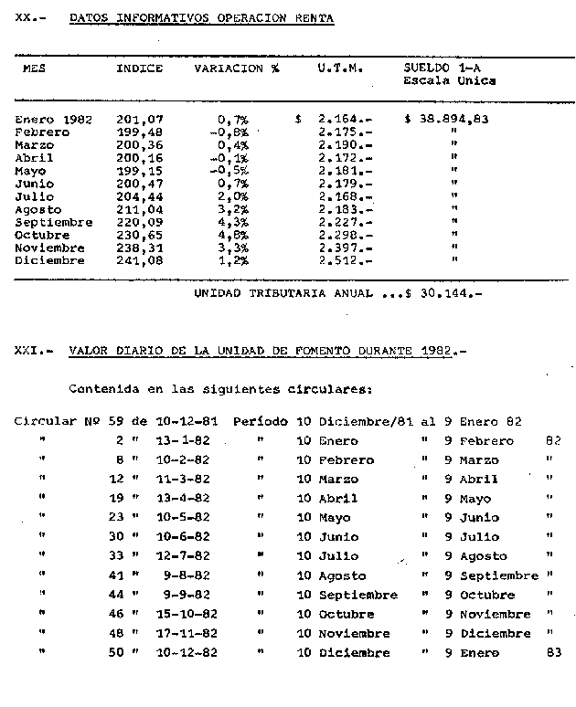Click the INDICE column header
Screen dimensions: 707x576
pos(139,69)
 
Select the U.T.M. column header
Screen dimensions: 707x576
pos(339,69)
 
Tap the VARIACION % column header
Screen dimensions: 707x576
pos(236,69)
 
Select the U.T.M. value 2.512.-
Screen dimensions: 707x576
pos(346,260)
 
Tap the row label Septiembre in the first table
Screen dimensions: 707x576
pos(54,222)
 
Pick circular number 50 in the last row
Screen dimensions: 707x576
pos(116,653)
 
